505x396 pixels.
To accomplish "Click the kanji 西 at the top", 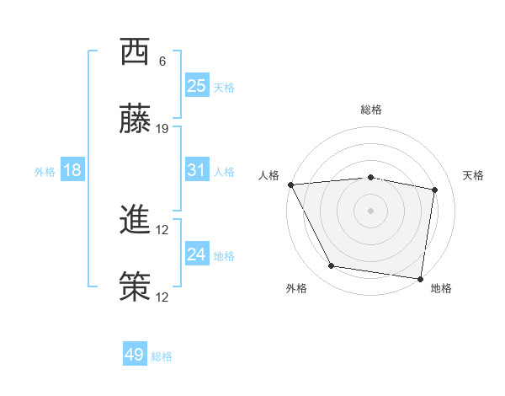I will (135, 52).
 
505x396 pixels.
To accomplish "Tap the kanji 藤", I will (135, 120).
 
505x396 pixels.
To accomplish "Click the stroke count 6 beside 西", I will (162, 61).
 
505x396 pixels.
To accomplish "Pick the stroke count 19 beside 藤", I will (162, 128).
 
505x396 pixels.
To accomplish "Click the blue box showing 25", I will (197, 85).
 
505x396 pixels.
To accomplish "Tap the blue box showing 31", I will (197, 170).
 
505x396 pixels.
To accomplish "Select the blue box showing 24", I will (197, 254).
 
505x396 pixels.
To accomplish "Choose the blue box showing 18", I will (72, 170).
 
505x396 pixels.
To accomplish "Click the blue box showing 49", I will (135, 355).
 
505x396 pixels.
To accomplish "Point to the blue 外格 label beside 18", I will (45, 171).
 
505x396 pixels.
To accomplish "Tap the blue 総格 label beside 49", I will (162, 356).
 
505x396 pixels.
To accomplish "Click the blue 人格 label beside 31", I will (224, 171).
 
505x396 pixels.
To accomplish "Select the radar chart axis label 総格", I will (371, 110).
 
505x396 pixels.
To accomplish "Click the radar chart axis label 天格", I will (474, 175).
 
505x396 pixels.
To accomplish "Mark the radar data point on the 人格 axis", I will (290, 185).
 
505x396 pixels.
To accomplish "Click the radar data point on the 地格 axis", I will (420, 278).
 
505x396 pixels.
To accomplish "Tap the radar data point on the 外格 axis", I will (332, 266).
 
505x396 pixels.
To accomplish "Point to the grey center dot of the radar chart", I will (371, 211).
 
